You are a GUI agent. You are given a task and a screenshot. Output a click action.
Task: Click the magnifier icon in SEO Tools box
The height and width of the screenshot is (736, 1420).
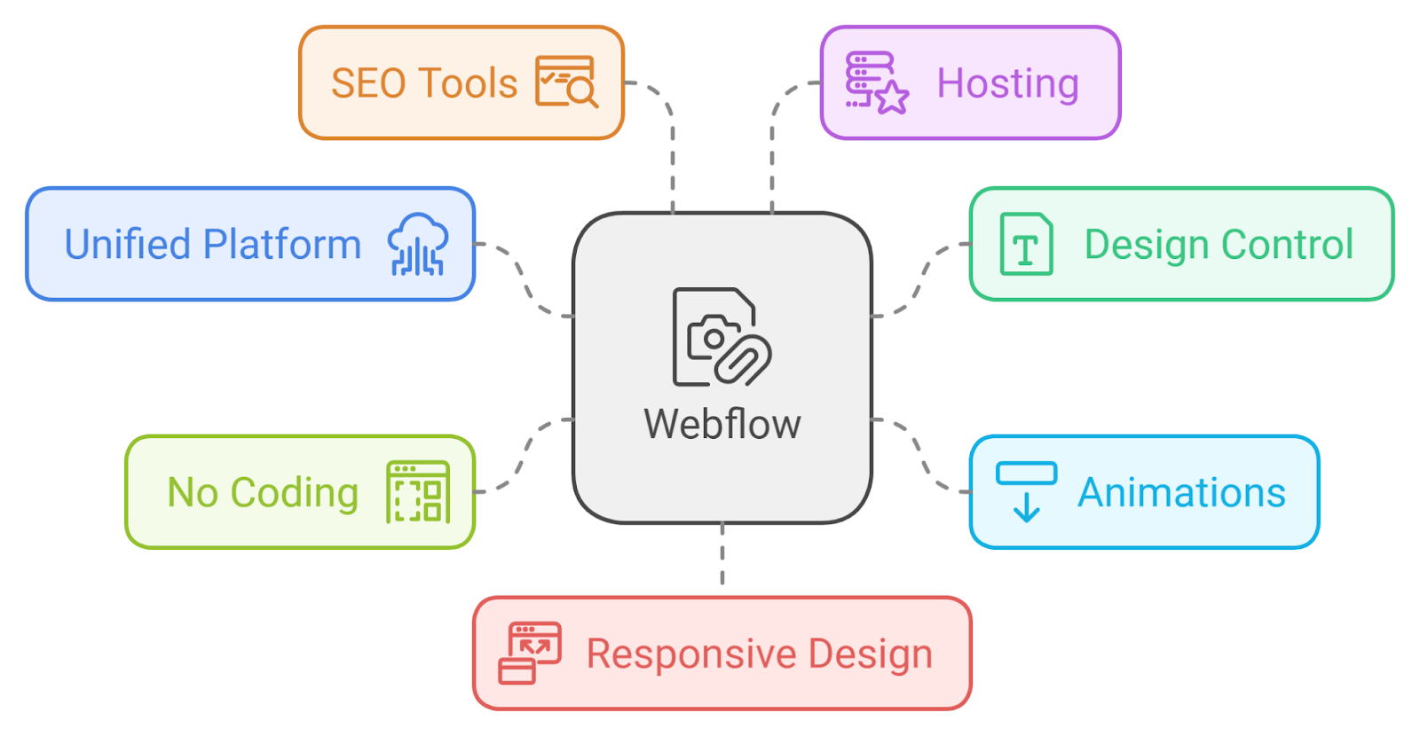click(x=566, y=82)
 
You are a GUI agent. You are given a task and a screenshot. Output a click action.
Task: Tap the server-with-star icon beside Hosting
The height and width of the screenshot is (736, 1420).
click(x=875, y=82)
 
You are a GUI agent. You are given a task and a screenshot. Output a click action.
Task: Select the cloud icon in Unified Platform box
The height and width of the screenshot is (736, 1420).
click(x=417, y=245)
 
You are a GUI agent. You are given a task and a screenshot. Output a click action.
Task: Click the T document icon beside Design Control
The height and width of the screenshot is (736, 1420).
click(x=1026, y=244)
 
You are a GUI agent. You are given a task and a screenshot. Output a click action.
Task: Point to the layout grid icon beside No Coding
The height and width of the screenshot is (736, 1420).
click(x=418, y=492)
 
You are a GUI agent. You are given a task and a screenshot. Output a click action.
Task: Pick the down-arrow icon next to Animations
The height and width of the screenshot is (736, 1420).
click(x=1026, y=491)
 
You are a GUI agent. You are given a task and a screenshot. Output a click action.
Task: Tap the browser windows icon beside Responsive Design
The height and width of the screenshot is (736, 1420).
click(x=530, y=654)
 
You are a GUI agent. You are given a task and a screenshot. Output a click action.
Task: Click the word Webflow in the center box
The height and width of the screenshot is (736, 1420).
click(x=722, y=424)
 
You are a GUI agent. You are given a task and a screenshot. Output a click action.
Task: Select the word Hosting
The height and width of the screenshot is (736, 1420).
click(x=1007, y=83)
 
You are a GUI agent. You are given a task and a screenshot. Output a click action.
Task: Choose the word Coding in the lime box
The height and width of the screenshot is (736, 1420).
click(x=295, y=493)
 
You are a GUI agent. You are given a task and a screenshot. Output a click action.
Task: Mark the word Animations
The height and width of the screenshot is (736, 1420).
click(x=1181, y=492)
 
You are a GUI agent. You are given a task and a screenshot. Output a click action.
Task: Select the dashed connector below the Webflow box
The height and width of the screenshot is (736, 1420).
click(x=722, y=554)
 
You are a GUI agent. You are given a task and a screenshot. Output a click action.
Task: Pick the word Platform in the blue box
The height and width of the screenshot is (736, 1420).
click(x=282, y=245)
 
